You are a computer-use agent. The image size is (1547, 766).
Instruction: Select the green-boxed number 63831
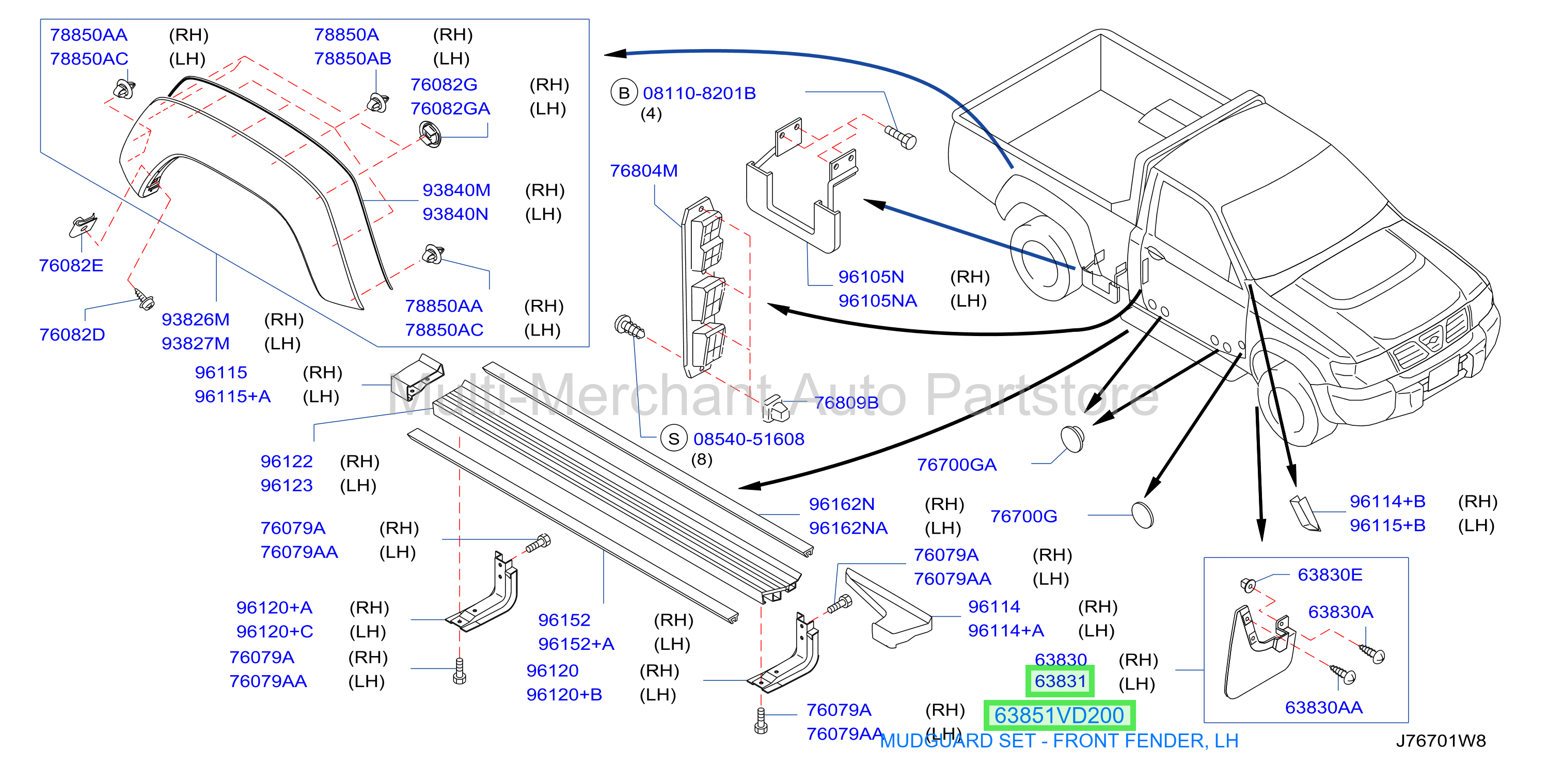click(1060, 681)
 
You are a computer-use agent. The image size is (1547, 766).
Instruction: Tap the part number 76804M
click(643, 171)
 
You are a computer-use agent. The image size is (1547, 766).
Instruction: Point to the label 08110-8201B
click(699, 93)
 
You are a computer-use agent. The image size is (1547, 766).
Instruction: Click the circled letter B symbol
click(623, 93)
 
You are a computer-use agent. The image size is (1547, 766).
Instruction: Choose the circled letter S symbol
click(673, 439)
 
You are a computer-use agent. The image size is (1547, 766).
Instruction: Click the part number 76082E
click(71, 265)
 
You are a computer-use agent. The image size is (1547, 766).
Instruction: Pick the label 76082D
click(72, 334)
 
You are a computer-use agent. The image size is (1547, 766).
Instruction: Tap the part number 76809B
click(846, 403)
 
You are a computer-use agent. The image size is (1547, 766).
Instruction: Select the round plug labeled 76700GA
click(1072, 439)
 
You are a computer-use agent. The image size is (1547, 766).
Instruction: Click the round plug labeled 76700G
click(1142, 515)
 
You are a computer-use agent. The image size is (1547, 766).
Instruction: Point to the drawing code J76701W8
click(1441, 741)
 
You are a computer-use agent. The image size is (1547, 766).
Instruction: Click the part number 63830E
click(1330, 575)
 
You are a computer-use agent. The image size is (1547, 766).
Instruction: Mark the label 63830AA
click(1323, 708)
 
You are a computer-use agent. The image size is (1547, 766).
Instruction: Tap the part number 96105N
click(871, 277)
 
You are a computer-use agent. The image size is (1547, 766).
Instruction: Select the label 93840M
click(456, 190)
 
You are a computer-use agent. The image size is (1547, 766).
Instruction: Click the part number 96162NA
click(848, 528)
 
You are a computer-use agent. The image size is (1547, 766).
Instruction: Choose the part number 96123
click(287, 485)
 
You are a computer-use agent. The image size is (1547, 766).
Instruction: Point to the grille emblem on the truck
click(1432, 340)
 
